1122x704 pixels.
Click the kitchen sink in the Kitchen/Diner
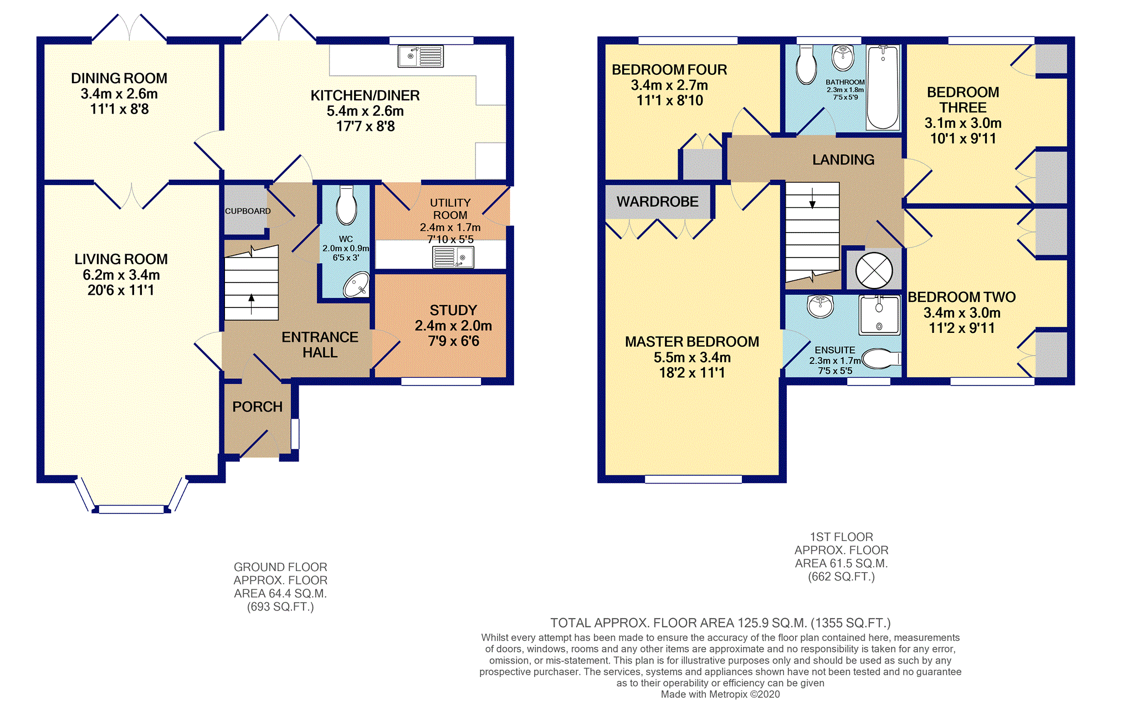coord(421,56)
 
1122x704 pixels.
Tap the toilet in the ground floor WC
coord(346,205)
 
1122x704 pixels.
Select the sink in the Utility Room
coord(453,258)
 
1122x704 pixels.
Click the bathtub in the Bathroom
coord(883,88)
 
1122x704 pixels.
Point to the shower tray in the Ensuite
coord(879,315)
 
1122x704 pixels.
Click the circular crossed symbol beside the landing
coord(874,271)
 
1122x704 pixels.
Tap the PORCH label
coord(258,407)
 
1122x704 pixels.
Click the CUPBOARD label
coord(248,211)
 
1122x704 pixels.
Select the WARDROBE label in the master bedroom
coord(658,202)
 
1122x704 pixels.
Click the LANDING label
coord(843,160)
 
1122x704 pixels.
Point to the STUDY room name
coord(453,310)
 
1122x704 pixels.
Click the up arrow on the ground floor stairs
coord(252,304)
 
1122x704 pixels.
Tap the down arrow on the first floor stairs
coord(812,198)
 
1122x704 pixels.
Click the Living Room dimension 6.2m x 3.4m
coord(121,275)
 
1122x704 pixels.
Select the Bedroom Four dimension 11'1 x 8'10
coord(669,101)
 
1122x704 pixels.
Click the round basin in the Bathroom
coord(843,58)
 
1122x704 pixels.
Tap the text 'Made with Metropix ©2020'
coord(720,695)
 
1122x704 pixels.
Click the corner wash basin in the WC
coord(356,285)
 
